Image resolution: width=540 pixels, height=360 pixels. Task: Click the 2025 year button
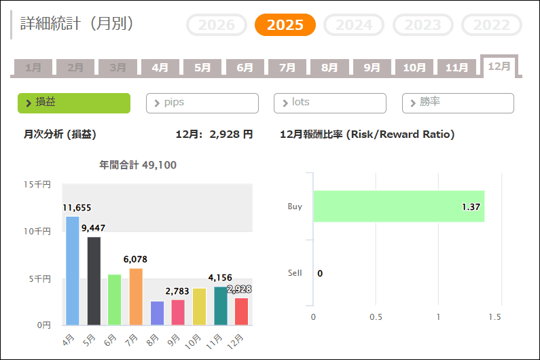[x=285, y=25]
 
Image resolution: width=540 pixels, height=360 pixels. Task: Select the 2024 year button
[x=354, y=25]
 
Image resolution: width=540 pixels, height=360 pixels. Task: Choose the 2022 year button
[x=492, y=25]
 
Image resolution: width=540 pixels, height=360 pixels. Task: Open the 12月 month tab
[x=499, y=66]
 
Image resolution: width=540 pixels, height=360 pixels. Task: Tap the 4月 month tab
[x=160, y=67]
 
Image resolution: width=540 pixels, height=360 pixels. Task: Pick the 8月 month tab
[x=329, y=67]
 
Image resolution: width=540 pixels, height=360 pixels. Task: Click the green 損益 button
[x=73, y=103]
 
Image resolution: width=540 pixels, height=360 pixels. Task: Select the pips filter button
[x=202, y=103]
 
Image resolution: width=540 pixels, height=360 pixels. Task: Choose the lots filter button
[x=329, y=103]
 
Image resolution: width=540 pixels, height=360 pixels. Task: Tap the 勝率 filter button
[x=458, y=103]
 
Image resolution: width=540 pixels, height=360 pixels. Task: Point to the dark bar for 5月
[x=94, y=281]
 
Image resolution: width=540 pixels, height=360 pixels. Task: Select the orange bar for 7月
[x=136, y=297]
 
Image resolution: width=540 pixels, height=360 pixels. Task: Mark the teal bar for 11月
[x=220, y=306]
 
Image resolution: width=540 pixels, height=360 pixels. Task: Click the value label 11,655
[x=77, y=208]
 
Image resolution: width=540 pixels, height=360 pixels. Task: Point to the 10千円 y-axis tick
[x=37, y=232]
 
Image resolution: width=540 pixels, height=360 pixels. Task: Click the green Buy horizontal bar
[x=398, y=206]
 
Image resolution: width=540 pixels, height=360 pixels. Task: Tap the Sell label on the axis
[x=295, y=273]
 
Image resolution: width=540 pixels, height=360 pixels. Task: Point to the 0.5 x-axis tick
[x=376, y=317]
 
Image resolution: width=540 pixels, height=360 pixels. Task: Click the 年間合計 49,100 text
[x=139, y=165]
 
